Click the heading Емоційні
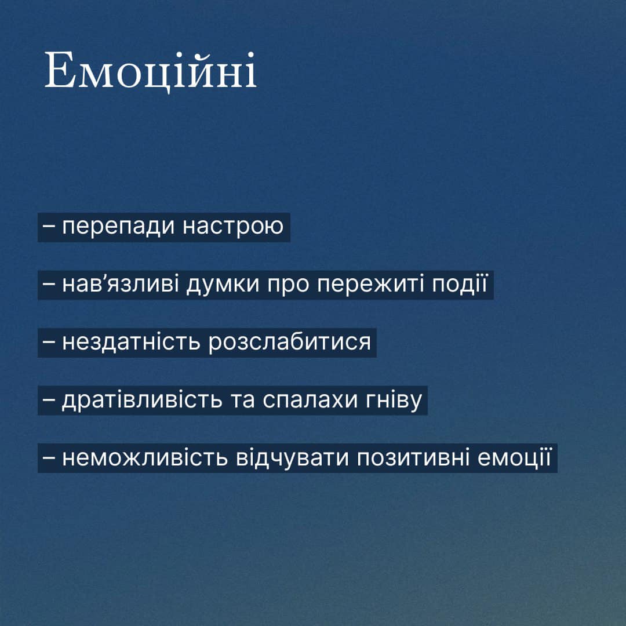point(150,71)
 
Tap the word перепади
point(119,227)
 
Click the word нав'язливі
point(120,285)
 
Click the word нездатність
point(131,342)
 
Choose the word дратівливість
point(142,400)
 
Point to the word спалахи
point(310,400)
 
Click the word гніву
point(394,400)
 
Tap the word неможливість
point(145,458)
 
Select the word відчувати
point(292,458)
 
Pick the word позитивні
point(413,458)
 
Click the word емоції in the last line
point(514,458)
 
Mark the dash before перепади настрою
point(48,227)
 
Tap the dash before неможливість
point(48,458)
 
